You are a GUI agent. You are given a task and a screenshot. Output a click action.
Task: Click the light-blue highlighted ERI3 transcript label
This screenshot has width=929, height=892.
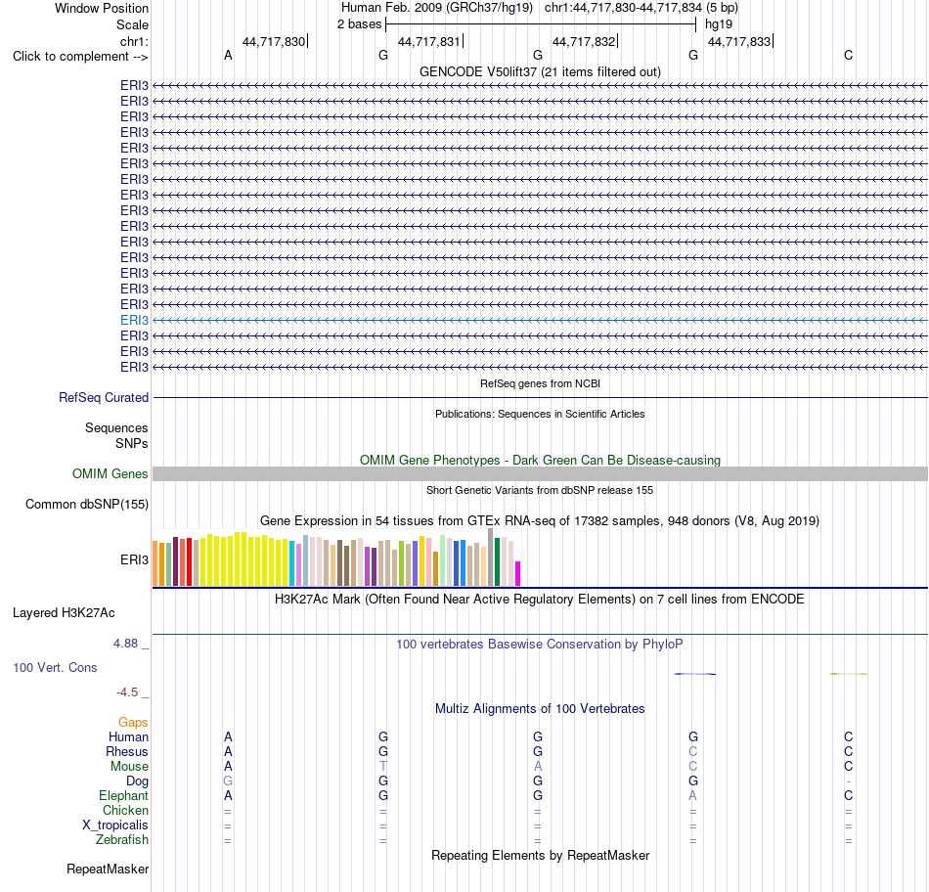(x=134, y=320)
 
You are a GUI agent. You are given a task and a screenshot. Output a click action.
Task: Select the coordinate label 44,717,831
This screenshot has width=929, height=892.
(x=429, y=41)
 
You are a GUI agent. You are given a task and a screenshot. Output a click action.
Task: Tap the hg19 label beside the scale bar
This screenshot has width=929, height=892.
(x=719, y=24)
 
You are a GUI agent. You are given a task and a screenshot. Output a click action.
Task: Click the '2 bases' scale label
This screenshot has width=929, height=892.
(x=359, y=24)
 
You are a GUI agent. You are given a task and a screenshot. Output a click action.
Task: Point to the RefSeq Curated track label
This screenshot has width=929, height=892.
(x=104, y=398)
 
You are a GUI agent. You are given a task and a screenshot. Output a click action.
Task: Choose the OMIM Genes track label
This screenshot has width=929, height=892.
(x=111, y=473)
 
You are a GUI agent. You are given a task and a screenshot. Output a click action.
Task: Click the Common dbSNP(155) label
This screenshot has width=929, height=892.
(x=87, y=505)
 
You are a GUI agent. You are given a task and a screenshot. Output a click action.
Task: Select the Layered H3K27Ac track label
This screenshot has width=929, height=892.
(x=64, y=613)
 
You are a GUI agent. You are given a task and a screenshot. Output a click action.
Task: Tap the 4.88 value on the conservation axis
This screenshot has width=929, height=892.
(x=125, y=644)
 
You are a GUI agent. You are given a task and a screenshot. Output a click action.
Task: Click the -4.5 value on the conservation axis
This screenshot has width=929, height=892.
(x=127, y=692)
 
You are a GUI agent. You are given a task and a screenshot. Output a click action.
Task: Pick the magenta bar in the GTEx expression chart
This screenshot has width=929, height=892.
(x=518, y=574)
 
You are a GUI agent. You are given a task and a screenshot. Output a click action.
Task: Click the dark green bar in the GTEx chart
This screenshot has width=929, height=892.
(x=498, y=561)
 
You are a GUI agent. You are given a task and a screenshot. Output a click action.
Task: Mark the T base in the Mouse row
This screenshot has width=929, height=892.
(x=383, y=767)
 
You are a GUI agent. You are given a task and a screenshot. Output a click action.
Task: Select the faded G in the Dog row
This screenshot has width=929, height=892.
(x=228, y=781)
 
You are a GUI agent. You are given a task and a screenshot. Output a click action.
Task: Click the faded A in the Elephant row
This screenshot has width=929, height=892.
(x=692, y=796)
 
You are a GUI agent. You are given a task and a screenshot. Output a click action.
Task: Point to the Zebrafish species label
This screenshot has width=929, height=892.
(x=122, y=840)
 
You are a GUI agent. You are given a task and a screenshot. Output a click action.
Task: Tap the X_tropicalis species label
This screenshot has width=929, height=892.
(x=115, y=825)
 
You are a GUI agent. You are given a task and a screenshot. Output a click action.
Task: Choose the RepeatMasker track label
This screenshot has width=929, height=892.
(x=108, y=869)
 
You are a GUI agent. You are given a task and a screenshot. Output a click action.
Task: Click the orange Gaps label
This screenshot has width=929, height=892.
(x=133, y=722)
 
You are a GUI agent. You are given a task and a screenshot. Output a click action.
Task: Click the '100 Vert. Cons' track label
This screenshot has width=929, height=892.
(x=55, y=667)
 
